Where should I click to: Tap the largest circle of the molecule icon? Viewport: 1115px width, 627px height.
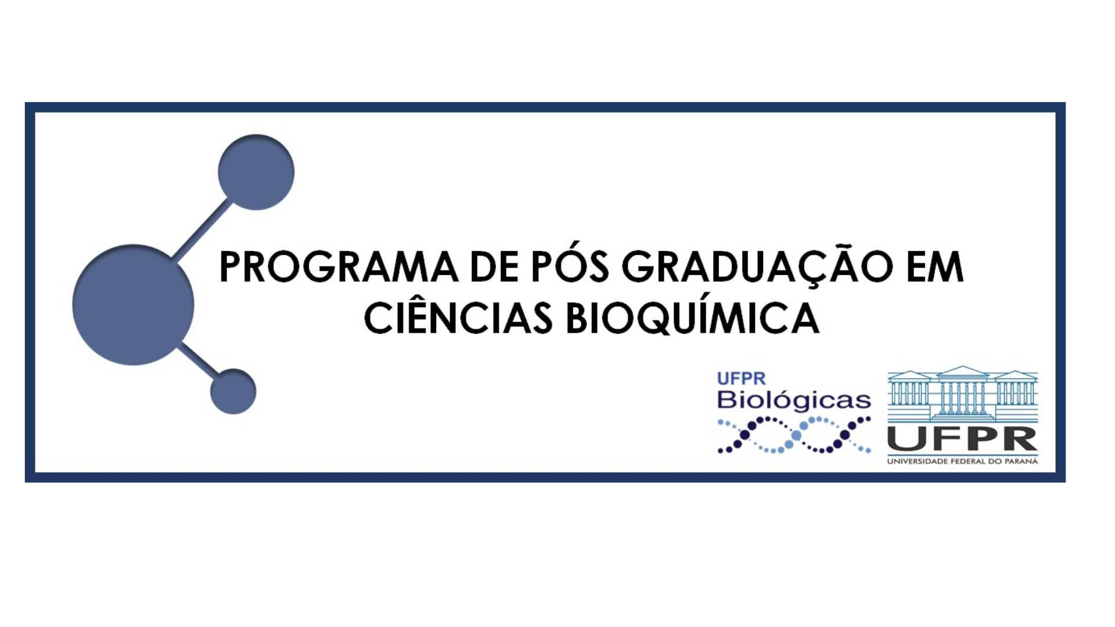[133, 305]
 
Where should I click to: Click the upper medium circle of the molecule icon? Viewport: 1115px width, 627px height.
[256, 172]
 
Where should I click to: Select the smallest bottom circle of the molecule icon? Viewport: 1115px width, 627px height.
[233, 391]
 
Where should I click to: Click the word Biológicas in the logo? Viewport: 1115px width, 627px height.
[794, 401]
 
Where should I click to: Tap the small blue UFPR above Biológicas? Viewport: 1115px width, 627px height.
[741, 379]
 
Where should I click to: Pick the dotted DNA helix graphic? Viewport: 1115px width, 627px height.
[794, 435]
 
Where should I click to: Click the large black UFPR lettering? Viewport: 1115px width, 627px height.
[962, 439]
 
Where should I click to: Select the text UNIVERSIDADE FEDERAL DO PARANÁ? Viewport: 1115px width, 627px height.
[962, 462]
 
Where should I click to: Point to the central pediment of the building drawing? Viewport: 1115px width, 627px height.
[962, 372]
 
